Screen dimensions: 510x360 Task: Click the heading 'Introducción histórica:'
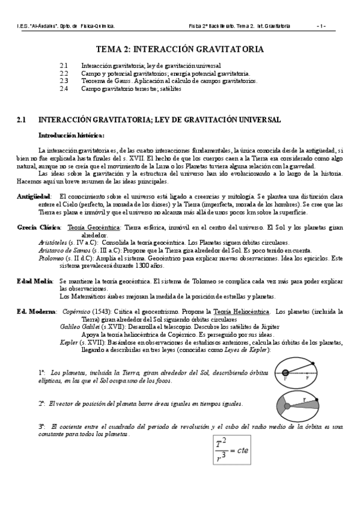(72, 135)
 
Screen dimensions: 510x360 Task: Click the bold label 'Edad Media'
(34, 281)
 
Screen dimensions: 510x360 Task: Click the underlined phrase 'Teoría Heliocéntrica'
(239, 312)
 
